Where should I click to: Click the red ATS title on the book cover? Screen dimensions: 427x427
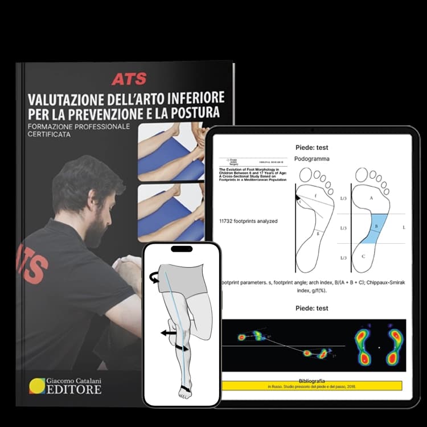pos(129,79)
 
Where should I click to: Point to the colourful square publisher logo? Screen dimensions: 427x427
pos(38,386)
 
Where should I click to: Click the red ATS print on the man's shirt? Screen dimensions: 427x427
pos(30,262)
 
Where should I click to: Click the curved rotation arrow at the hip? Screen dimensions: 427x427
pos(153,277)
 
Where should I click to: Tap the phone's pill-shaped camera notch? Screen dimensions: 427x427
pos(181,251)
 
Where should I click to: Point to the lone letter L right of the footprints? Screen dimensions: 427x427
pos(404,227)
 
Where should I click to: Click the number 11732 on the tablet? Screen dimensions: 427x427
pos(228,220)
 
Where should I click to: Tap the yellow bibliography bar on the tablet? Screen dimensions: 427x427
pos(312,385)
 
